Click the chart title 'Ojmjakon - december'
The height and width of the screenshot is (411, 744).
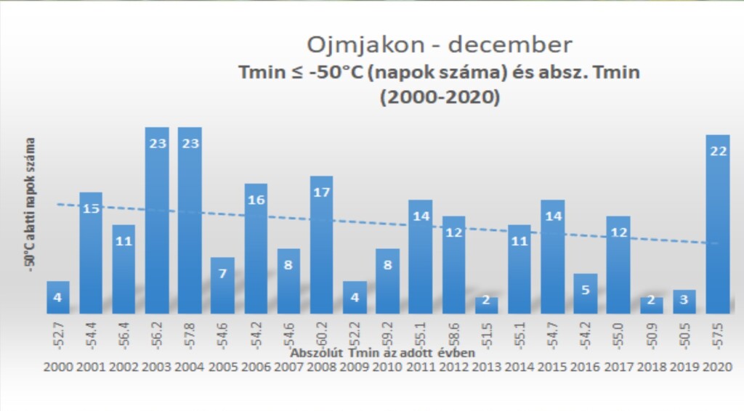(x=440, y=45)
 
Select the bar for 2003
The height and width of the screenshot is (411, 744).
(x=156, y=218)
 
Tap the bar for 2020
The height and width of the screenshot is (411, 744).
(x=718, y=225)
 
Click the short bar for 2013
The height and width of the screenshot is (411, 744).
(x=487, y=305)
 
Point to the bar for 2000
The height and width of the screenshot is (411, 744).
(x=58, y=298)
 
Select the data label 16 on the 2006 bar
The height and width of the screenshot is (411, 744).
(x=256, y=200)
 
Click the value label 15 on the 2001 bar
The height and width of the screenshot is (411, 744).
(x=91, y=208)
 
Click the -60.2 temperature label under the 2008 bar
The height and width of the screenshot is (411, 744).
(x=322, y=333)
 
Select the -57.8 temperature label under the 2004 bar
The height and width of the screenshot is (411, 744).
(x=190, y=333)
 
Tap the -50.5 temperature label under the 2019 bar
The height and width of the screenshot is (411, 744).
(x=685, y=333)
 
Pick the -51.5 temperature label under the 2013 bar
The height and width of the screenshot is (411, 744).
(x=487, y=333)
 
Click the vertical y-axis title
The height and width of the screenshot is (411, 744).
(x=31, y=206)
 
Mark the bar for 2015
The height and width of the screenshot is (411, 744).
(x=553, y=254)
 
